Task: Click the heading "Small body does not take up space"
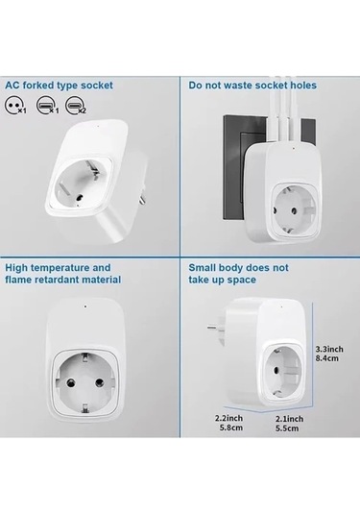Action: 237,273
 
